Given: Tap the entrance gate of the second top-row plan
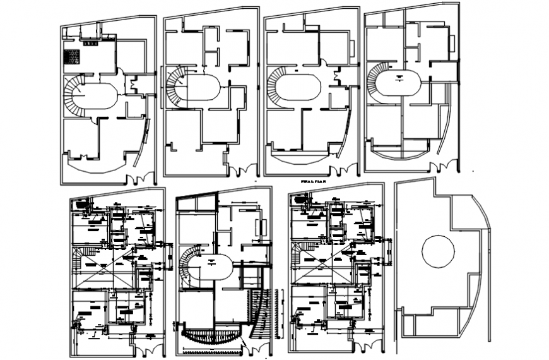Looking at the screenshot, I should [x=242, y=169].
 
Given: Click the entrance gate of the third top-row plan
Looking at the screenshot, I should [x=343, y=169].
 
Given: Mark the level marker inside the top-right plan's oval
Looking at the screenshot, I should [x=400, y=76].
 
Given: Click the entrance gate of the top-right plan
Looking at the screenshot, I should [x=444, y=165].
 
